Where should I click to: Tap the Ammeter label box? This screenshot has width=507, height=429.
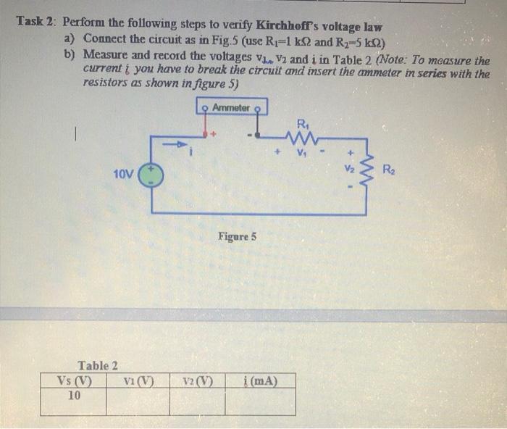(x=231, y=108)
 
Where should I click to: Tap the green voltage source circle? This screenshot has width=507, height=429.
(x=151, y=174)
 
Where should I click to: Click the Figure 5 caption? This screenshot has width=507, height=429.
(x=237, y=237)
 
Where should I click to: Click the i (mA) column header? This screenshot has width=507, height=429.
(x=261, y=382)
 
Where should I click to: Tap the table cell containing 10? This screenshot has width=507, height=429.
(x=74, y=396)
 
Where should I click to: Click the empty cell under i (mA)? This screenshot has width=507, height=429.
(x=261, y=401)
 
